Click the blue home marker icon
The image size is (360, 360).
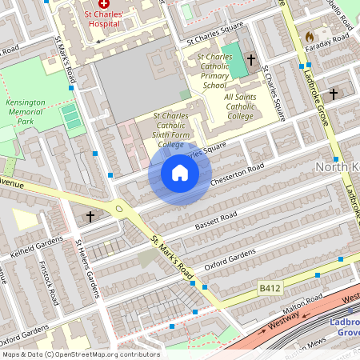coord(179,174)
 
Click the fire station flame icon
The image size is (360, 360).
coord(310,37)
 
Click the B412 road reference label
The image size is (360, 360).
coord(270,286)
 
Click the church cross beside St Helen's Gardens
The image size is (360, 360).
coord(90,216)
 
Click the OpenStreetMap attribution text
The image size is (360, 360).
coord(81,354)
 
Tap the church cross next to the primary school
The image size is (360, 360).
coord(251,60)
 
